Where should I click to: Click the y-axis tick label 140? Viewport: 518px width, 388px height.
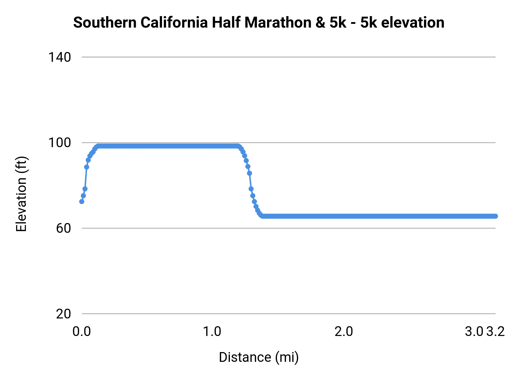[60, 57]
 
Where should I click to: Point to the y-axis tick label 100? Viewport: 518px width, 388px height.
[60, 143]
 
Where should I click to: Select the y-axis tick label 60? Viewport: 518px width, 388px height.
[63, 228]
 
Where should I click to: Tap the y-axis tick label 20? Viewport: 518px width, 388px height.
[63, 314]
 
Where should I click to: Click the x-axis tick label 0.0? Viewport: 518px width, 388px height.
[81, 332]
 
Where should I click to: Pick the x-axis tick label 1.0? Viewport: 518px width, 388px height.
[212, 332]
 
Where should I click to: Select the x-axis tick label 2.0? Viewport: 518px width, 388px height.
[344, 332]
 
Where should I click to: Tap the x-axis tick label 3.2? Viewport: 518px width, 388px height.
[496, 332]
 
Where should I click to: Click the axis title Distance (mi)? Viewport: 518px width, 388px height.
[259, 357]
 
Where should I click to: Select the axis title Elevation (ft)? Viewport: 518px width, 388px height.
[21, 194]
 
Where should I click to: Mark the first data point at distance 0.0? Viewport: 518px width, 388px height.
[82, 201]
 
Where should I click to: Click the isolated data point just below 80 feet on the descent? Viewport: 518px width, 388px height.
[251, 189]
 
